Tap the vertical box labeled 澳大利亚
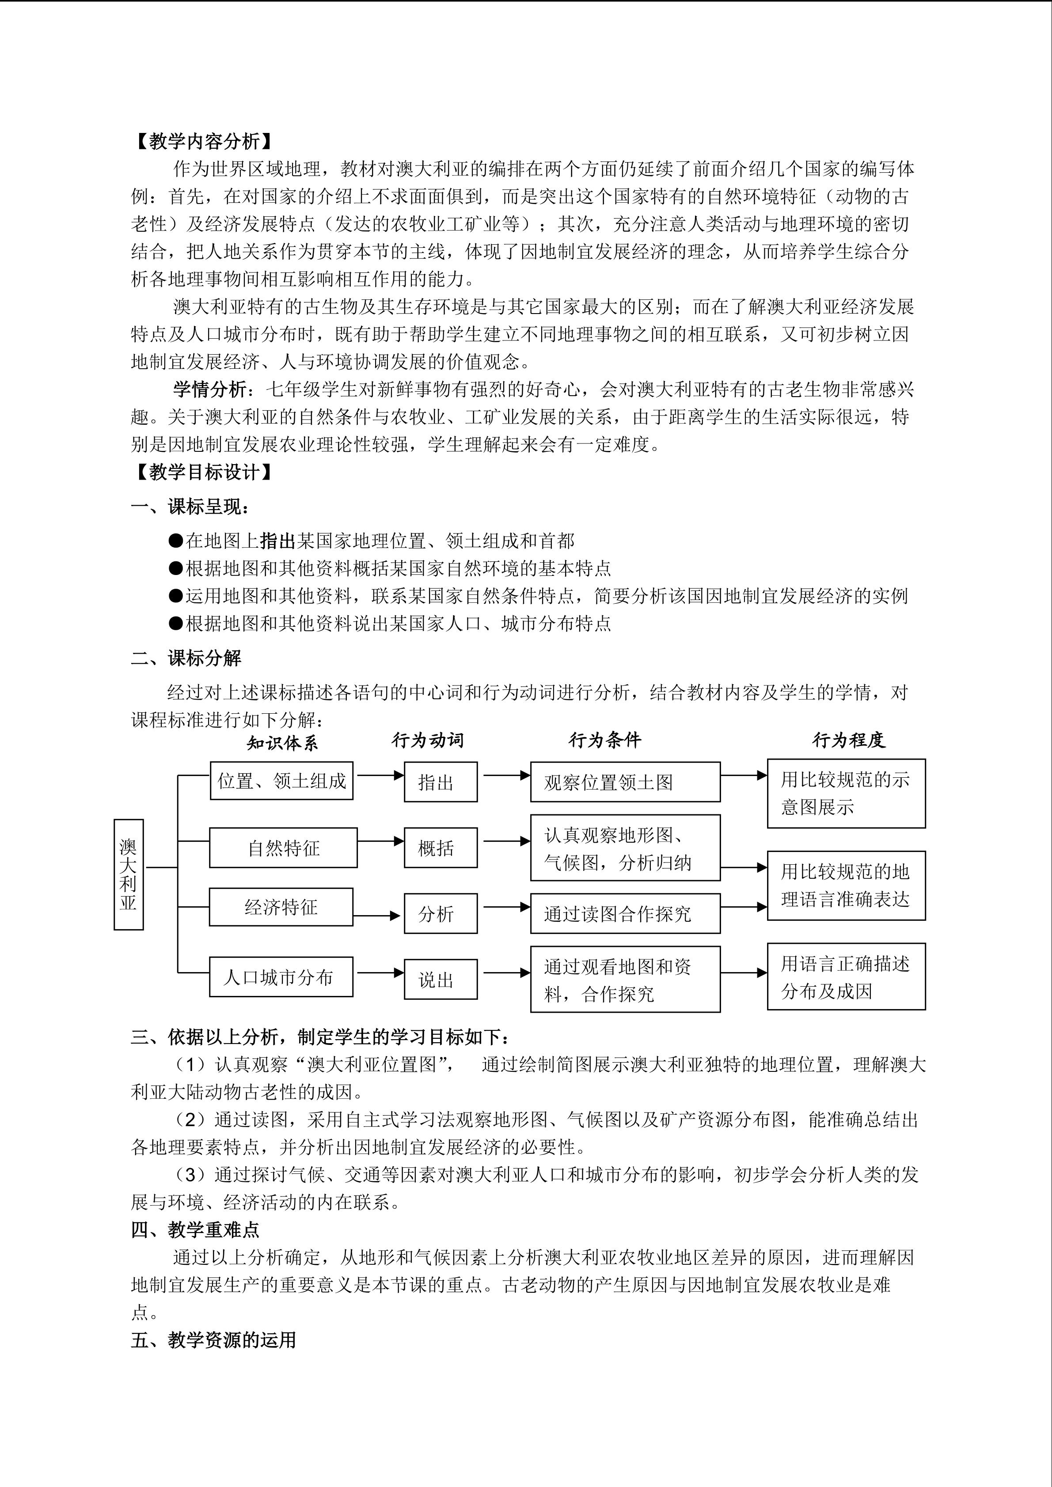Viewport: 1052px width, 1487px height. pos(128,874)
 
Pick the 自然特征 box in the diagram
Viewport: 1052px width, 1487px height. pos(283,848)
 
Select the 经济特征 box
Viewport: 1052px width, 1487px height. pos(281,908)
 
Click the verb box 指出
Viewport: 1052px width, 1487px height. pos(441,782)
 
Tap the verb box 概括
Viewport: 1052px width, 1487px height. pos(441,848)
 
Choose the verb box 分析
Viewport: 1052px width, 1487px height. pos(441,914)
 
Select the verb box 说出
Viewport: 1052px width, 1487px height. pos(441,980)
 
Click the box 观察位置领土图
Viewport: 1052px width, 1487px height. pos(625,782)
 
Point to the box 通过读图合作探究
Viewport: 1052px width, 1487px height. pos(625,914)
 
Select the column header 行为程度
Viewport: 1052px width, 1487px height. pos(849,740)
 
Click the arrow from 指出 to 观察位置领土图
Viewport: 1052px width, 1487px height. pos(507,775)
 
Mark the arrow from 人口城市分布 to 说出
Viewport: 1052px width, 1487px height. pos(380,973)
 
